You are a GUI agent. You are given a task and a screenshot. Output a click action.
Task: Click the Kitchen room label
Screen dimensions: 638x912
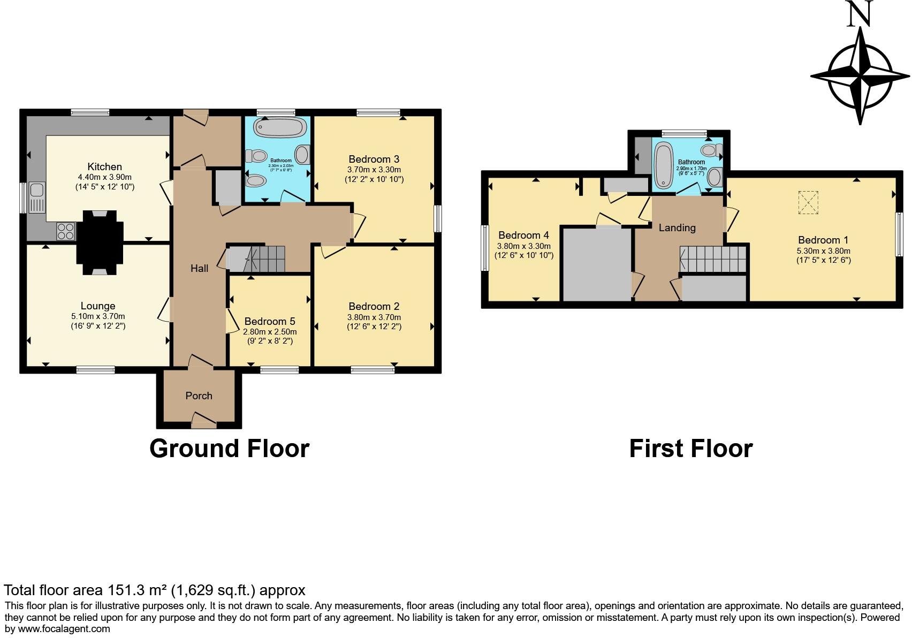coord(105,166)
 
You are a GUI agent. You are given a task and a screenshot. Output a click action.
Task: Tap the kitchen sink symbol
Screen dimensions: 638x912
coord(37,190)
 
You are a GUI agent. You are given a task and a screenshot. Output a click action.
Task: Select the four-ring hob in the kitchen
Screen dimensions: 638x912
coord(66,231)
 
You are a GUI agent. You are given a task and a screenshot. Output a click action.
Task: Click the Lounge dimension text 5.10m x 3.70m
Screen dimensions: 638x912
coord(98,316)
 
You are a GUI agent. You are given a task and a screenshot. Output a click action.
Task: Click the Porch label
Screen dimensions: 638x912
coord(199,396)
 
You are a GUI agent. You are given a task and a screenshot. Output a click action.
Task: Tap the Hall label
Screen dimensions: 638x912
coord(199,268)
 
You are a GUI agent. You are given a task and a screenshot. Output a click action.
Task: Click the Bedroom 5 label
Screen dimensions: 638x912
coord(270,321)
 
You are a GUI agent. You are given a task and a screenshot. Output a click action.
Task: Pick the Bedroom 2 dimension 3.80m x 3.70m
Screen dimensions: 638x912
coord(374,317)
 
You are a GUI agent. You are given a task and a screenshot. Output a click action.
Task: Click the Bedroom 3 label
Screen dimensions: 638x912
coord(374,159)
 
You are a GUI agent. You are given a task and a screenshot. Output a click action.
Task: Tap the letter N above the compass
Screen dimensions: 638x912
coord(860,14)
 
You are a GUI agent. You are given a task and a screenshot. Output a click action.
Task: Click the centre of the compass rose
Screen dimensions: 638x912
coord(860,76)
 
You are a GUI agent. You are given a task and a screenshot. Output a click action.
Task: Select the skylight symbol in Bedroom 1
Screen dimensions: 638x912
coord(809,202)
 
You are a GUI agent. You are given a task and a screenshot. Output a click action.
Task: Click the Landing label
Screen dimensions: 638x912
coord(677,228)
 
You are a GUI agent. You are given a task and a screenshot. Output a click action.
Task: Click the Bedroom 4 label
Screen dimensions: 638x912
coord(523,235)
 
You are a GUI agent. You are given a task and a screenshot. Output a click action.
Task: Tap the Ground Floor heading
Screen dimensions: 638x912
coord(229,449)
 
